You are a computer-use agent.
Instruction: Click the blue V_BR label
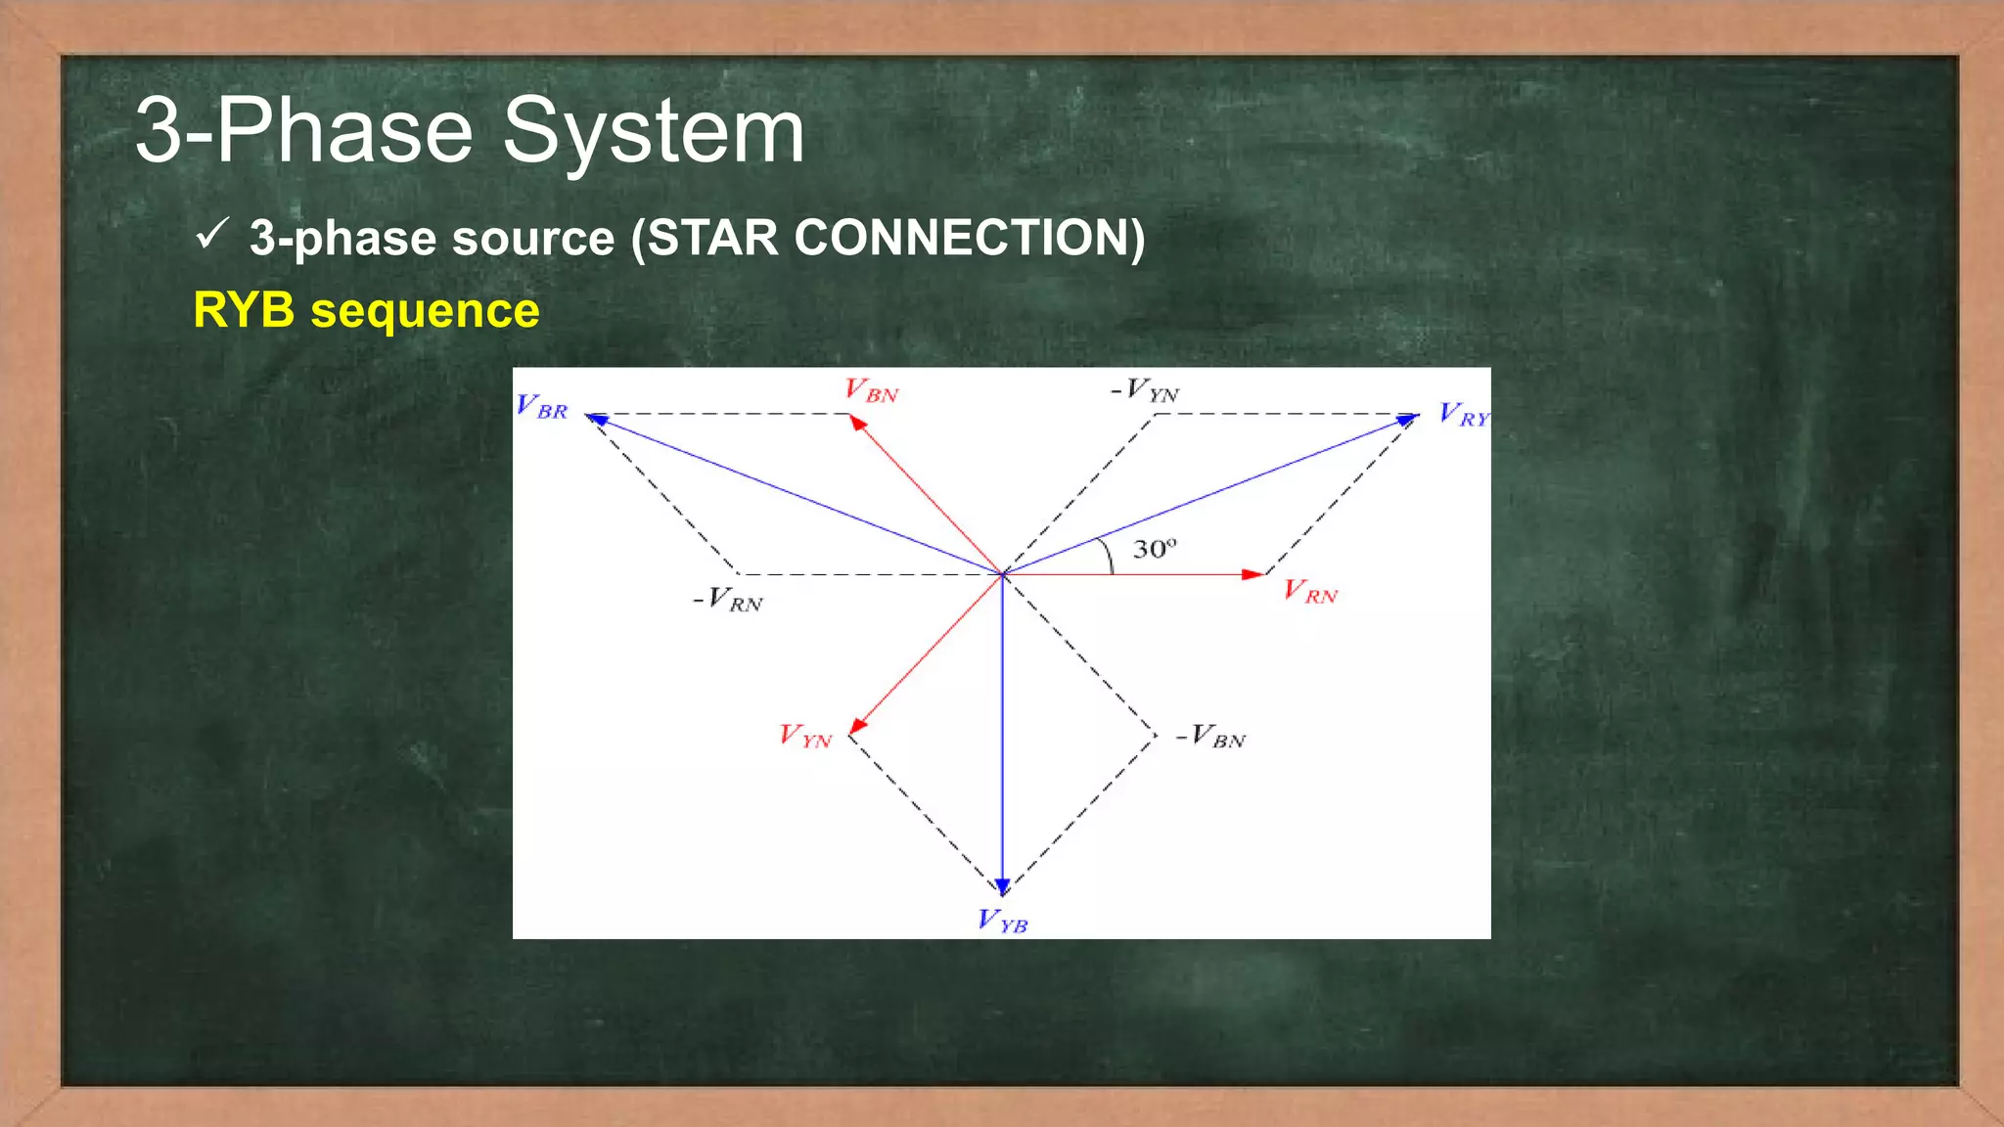[x=541, y=407]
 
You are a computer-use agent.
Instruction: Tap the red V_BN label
[x=871, y=391]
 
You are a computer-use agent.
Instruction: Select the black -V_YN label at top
[x=1145, y=390]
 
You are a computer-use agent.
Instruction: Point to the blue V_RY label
[x=1463, y=415]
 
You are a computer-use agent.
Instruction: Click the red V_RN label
[x=1310, y=592]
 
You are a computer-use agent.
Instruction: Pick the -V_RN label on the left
[x=728, y=600]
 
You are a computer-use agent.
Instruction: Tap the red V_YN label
[x=805, y=736]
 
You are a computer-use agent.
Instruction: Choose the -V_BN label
[x=1211, y=736]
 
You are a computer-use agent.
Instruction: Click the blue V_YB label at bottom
[x=1003, y=922]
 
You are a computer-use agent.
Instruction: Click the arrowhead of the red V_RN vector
[x=1252, y=574]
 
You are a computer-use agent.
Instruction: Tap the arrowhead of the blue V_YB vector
[x=1002, y=886]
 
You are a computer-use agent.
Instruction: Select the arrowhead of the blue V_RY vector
[x=1407, y=419]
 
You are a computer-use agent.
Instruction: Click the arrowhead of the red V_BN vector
[x=857, y=423]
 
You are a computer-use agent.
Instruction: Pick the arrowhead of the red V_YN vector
[x=858, y=725]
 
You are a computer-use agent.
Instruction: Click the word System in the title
[x=653, y=131]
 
